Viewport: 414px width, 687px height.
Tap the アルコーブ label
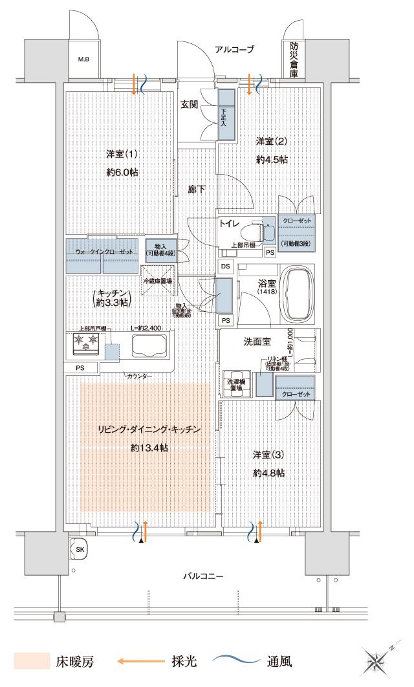pyautogui.click(x=235, y=49)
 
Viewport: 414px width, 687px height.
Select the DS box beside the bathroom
pyautogui.click(x=225, y=266)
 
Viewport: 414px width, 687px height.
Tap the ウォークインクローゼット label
pyautogui.click(x=103, y=250)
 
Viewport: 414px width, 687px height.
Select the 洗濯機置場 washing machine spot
pyautogui.click(x=234, y=384)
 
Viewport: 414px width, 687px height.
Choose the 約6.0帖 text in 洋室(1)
pyautogui.click(x=123, y=173)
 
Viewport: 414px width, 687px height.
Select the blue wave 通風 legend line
pyautogui.click(x=235, y=660)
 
